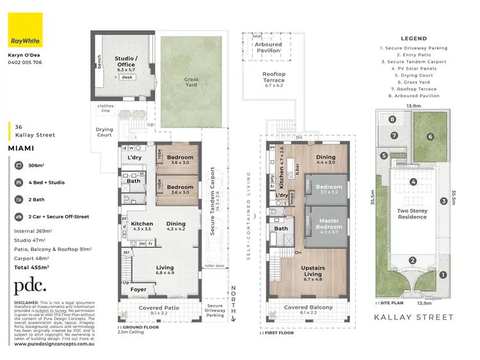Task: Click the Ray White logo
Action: click(24, 30)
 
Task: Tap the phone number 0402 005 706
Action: click(24, 63)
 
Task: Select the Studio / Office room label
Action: click(125, 62)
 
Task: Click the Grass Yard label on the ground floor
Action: click(191, 83)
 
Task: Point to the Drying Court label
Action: click(104, 132)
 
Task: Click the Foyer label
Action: click(139, 289)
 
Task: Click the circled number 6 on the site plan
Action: click(431, 136)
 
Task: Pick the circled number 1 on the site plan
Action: click(443, 275)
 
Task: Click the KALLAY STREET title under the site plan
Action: click(415, 317)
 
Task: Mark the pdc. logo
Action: click(30, 286)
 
